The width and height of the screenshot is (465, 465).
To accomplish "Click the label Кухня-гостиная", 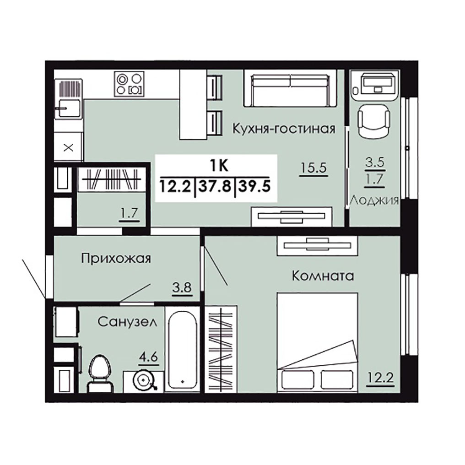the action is point(284,129).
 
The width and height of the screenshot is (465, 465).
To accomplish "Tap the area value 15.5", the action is point(314,168).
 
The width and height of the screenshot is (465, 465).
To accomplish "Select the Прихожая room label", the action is point(116,258).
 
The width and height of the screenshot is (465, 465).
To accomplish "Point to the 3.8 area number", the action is point(182,287).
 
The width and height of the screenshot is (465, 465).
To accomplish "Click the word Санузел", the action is point(127,321).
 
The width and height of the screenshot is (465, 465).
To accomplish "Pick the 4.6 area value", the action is point(149,356).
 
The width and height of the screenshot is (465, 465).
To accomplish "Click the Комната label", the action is point(323,276).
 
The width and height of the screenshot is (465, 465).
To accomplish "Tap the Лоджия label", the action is point(374,201).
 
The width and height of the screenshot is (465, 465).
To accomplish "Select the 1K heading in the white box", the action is point(219,166).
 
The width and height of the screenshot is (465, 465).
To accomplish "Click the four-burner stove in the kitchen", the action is point(130,84).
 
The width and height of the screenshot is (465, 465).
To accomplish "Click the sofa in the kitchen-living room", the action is point(290,88).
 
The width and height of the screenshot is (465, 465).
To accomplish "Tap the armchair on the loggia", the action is point(374,121).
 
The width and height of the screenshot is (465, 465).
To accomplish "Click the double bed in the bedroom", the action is point(317,342).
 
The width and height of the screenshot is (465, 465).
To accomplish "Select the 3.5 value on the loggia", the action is point(375,163).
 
